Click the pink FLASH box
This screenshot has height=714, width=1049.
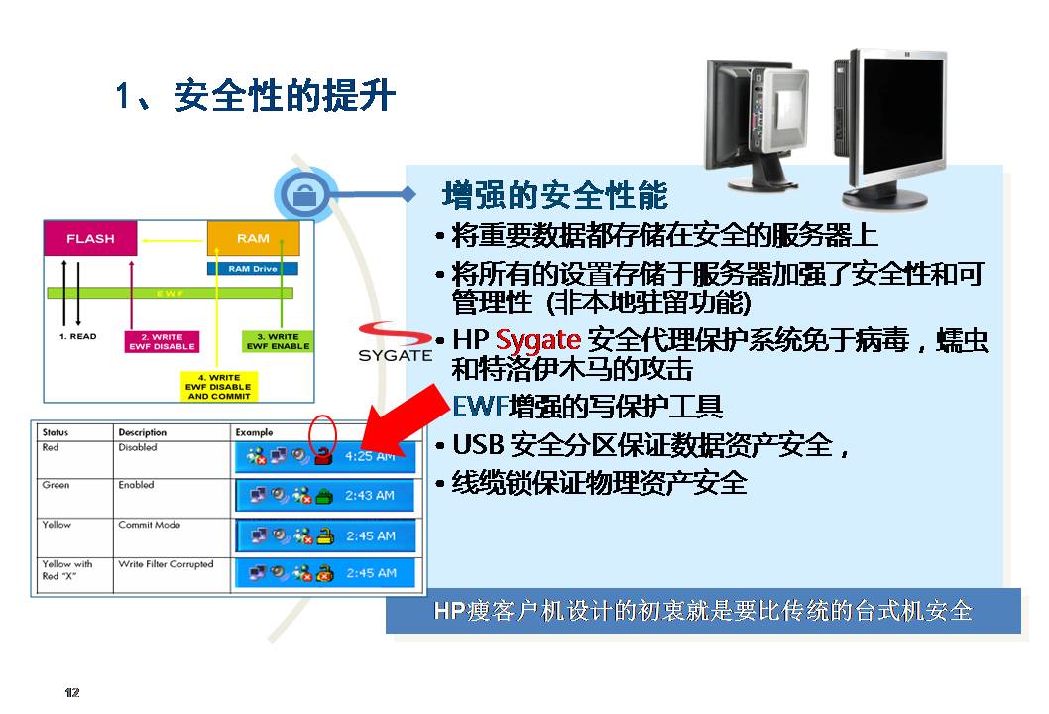(x=89, y=239)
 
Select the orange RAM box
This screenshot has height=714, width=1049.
(x=253, y=239)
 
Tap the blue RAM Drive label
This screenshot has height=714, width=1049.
(x=253, y=268)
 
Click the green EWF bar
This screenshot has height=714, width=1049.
(x=171, y=293)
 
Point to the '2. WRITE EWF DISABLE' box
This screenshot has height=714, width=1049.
(x=162, y=341)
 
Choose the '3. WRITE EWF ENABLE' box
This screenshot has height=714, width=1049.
(x=277, y=341)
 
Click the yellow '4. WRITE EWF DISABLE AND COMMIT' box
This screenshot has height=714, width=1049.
(x=219, y=386)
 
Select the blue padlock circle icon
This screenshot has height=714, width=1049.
(x=304, y=195)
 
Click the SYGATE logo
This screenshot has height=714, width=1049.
(x=396, y=342)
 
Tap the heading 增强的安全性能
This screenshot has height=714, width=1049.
(x=555, y=195)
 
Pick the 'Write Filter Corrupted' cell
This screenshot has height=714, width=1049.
(x=166, y=564)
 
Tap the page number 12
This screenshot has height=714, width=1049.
(x=71, y=691)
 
